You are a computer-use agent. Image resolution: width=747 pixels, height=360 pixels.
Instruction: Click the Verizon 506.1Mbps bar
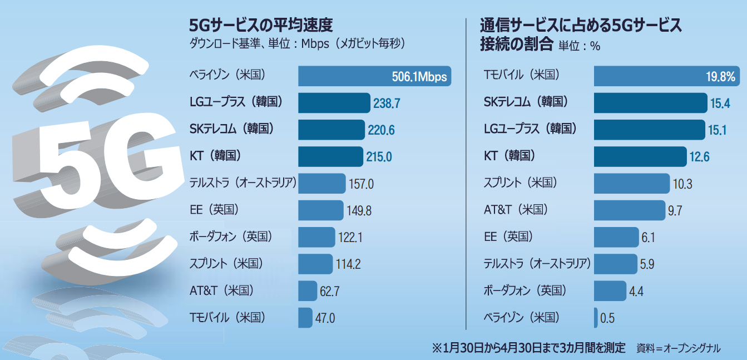pyautogui.click(x=374, y=77)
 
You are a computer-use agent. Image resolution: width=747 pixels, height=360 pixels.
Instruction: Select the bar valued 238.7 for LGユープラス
pyautogui.click(x=334, y=103)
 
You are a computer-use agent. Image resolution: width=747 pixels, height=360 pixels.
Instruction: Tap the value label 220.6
pyautogui.click(x=381, y=130)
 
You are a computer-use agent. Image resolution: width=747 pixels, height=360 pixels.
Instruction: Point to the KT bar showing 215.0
pyautogui.click(x=330, y=156)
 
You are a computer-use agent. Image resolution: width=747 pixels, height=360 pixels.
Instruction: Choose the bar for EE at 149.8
pyautogui.click(x=320, y=210)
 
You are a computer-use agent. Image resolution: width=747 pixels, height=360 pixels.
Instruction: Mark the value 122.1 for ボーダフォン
pyautogui.click(x=350, y=237)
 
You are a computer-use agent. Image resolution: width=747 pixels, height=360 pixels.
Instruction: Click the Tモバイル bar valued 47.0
pyautogui.click(x=305, y=318)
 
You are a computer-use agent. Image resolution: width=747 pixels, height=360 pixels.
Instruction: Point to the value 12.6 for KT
pyautogui.click(x=699, y=156)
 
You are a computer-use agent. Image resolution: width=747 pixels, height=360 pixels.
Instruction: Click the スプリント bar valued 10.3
pyautogui.click(x=631, y=183)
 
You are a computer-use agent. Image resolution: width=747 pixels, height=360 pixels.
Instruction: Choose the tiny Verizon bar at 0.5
pyautogui.click(x=596, y=318)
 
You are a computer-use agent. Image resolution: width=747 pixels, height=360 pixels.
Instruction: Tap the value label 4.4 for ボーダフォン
pyautogui.click(x=636, y=291)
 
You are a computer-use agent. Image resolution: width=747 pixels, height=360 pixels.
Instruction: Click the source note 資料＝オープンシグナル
pyautogui.click(x=678, y=348)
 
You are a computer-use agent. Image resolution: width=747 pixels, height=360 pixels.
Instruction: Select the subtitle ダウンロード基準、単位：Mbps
pyautogui.click(x=245, y=44)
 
